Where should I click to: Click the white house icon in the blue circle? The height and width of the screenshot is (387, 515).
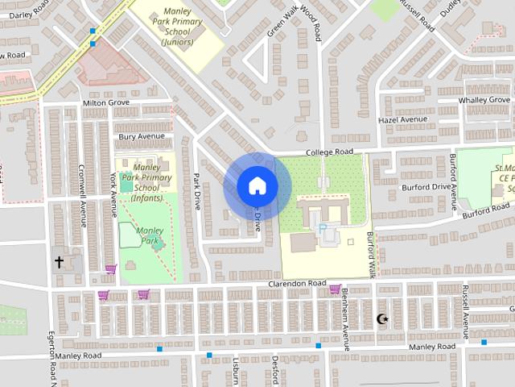tap(257, 186)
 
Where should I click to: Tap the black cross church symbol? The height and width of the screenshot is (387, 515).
tap(59, 262)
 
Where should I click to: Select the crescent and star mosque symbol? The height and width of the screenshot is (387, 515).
tap(383, 319)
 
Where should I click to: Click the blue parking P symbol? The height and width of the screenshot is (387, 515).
tap(323, 229)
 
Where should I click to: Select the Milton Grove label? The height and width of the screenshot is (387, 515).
tap(106, 103)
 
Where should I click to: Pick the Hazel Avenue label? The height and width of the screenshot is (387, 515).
tap(402, 119)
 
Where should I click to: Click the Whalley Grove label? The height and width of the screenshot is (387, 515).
tap(484, 100)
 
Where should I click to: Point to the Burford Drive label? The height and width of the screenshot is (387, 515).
tap(426, 187)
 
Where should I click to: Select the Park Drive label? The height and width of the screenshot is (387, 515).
tap(196, 191)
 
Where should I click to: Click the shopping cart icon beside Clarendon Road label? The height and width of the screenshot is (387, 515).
tap(335, 288)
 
